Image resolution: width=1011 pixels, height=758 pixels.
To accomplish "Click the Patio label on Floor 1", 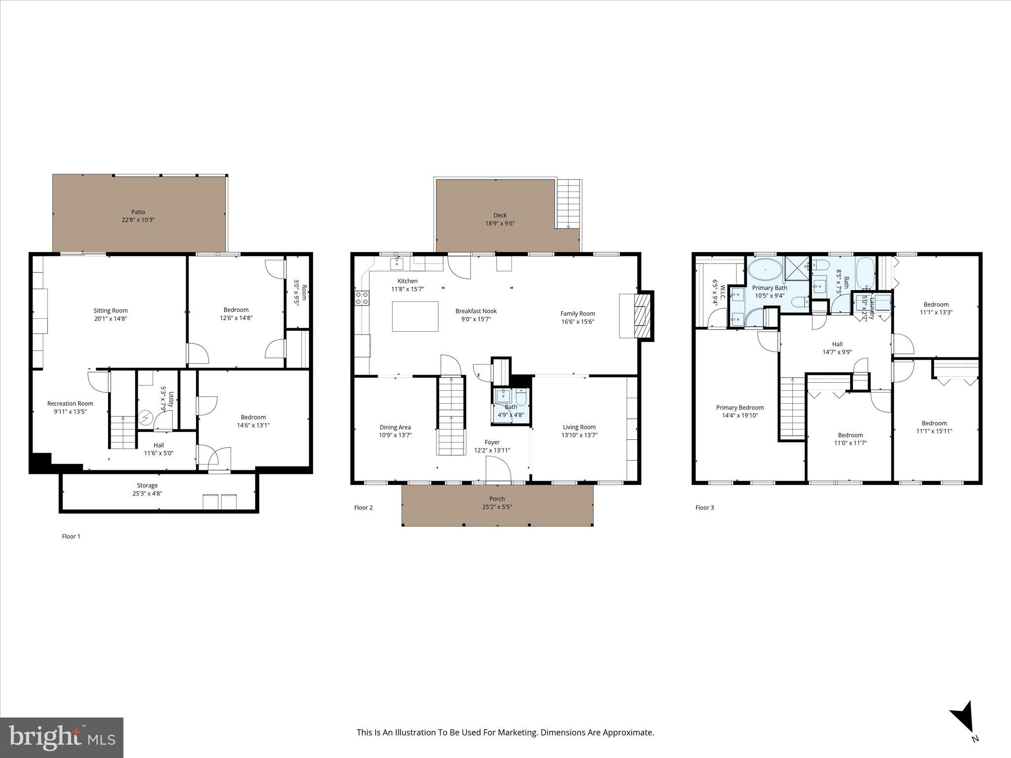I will click(x=138, y=212).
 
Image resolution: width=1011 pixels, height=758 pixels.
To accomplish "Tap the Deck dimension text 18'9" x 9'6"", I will click(x=500, y=223).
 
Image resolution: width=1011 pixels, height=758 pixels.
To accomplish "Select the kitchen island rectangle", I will click(x=415, y=316).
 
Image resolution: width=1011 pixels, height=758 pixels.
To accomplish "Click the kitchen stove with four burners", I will click(x=362, y=298).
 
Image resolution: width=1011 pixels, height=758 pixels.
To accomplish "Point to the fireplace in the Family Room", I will click(x=642, y=316).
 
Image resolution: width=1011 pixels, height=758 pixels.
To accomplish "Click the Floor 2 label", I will click(x=363, y=507).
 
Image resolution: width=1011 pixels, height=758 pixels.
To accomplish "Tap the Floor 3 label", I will click(x=704, y=507).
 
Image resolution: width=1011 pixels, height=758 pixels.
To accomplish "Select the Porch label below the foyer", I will click(x=497, y=498).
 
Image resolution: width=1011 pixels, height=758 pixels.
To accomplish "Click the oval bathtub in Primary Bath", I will click(x=765, y=270).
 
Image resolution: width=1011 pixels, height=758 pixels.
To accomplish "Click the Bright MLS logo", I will click(x=62, y=737).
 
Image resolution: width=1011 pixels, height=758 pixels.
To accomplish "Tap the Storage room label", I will click(x=147, y=486).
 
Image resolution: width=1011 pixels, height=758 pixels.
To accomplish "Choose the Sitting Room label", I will click(x=111, y=310).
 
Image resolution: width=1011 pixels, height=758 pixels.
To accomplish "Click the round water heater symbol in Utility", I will click(x=145, y=418).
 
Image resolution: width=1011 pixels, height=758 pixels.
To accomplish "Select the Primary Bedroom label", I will click(x=739, y=408).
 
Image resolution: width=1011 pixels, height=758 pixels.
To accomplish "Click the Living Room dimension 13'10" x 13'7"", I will click(x=579, y=435).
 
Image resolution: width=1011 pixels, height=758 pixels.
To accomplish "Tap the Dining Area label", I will click(x=395, y=427).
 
